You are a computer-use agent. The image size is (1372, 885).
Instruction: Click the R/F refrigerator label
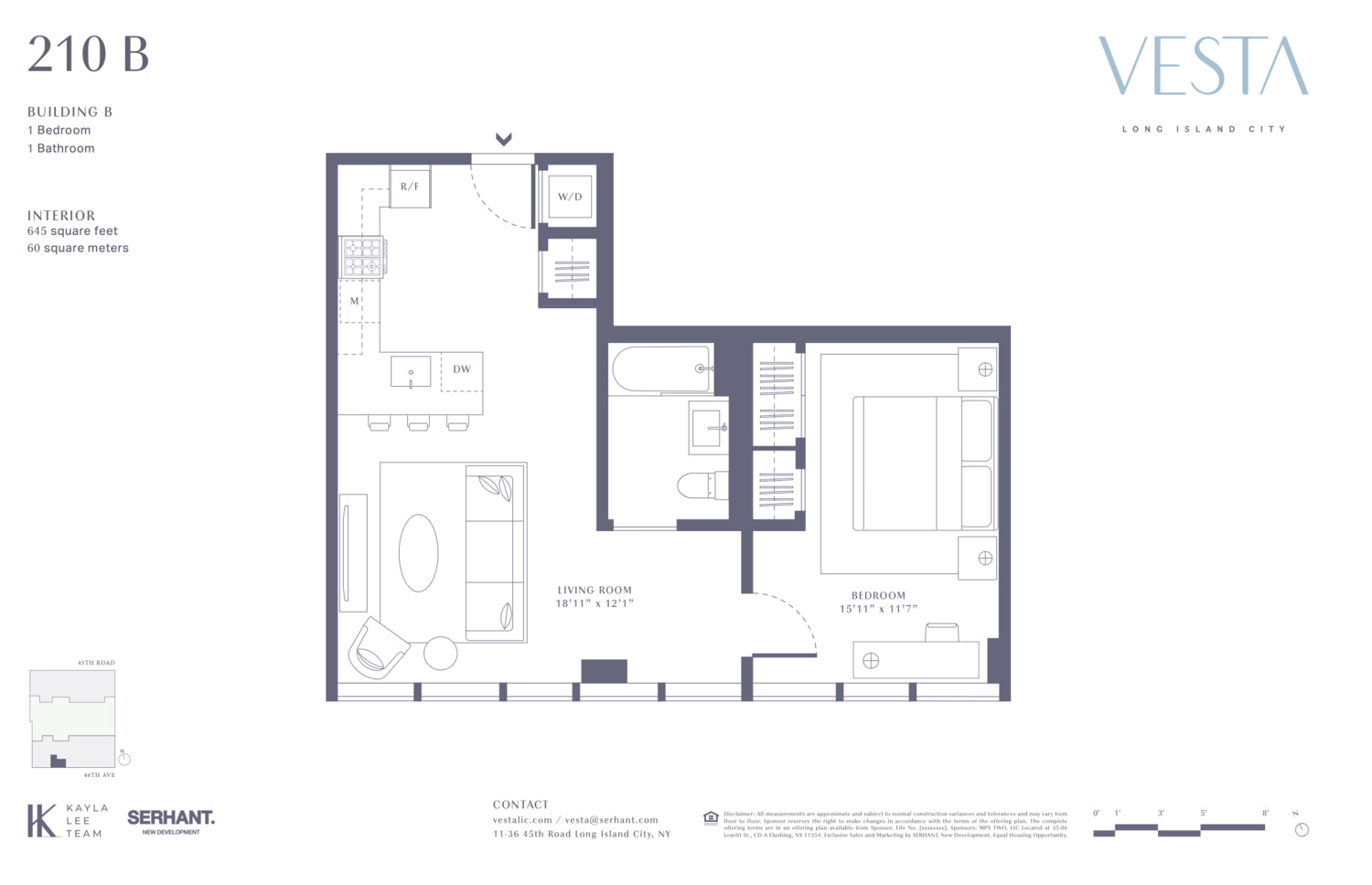[410, 187]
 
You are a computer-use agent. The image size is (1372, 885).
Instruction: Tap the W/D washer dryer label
[570, 197]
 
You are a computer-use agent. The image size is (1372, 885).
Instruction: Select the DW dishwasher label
[461, 369]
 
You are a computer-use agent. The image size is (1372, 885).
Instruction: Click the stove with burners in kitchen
[363, 257]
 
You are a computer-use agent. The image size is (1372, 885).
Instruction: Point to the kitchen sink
[411, 372]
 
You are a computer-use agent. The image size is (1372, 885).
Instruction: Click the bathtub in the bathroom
[660, 368]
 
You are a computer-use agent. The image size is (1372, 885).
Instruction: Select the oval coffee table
[418, 552]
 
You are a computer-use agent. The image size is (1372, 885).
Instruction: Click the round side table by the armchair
[440, 653]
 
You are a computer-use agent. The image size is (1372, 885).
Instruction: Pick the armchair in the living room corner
[378, 647]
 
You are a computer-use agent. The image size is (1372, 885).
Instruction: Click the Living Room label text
[595, 591]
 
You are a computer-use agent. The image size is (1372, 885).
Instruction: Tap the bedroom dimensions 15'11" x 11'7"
[878, 609]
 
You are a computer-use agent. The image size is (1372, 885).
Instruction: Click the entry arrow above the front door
[503, 139]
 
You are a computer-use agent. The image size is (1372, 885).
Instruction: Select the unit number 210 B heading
[88, 54]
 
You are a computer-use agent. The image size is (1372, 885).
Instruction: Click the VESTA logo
[1203, 66]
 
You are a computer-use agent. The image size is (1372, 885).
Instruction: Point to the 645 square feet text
[72, 231]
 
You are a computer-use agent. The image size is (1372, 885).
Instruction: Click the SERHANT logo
[171, 818]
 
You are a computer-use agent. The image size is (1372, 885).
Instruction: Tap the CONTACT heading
[520, 805]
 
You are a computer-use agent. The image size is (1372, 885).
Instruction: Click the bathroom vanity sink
[709, 427]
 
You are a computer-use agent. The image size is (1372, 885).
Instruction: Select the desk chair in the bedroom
[941, 632]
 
